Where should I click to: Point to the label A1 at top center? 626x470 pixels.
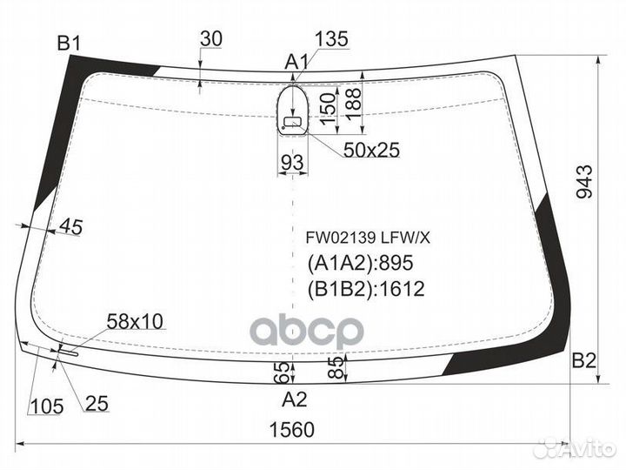point(297,62)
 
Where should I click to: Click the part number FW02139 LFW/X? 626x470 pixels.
point(360,236)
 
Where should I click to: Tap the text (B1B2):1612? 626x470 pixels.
point(365,289)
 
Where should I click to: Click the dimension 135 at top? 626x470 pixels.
point(331,38)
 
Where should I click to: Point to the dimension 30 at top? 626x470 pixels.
point(210,38)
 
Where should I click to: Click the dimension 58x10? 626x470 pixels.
point(135,321)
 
